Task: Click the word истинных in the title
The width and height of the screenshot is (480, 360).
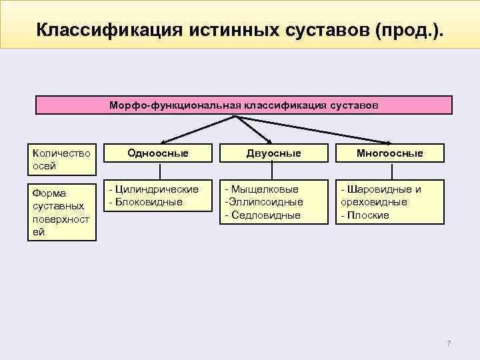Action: coord(235,30)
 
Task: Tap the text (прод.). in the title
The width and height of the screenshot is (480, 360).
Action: coord(409,30)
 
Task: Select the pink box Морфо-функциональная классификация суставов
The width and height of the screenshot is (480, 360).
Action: coord(243,105)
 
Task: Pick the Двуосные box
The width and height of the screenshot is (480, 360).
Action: coord(273,153)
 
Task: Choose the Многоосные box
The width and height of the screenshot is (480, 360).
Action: coord(389,153)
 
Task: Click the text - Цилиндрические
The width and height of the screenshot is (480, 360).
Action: coord(153,189)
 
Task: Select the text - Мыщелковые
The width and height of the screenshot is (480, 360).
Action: coord(261,189)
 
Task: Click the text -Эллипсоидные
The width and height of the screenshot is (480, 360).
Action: coord(263,202)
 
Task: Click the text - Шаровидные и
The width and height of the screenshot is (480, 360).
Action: coord(381,189)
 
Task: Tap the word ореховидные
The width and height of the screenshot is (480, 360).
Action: coord(373,202)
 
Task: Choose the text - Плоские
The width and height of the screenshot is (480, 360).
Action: coord(365,215)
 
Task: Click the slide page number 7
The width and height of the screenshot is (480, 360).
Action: coord(449,343)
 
